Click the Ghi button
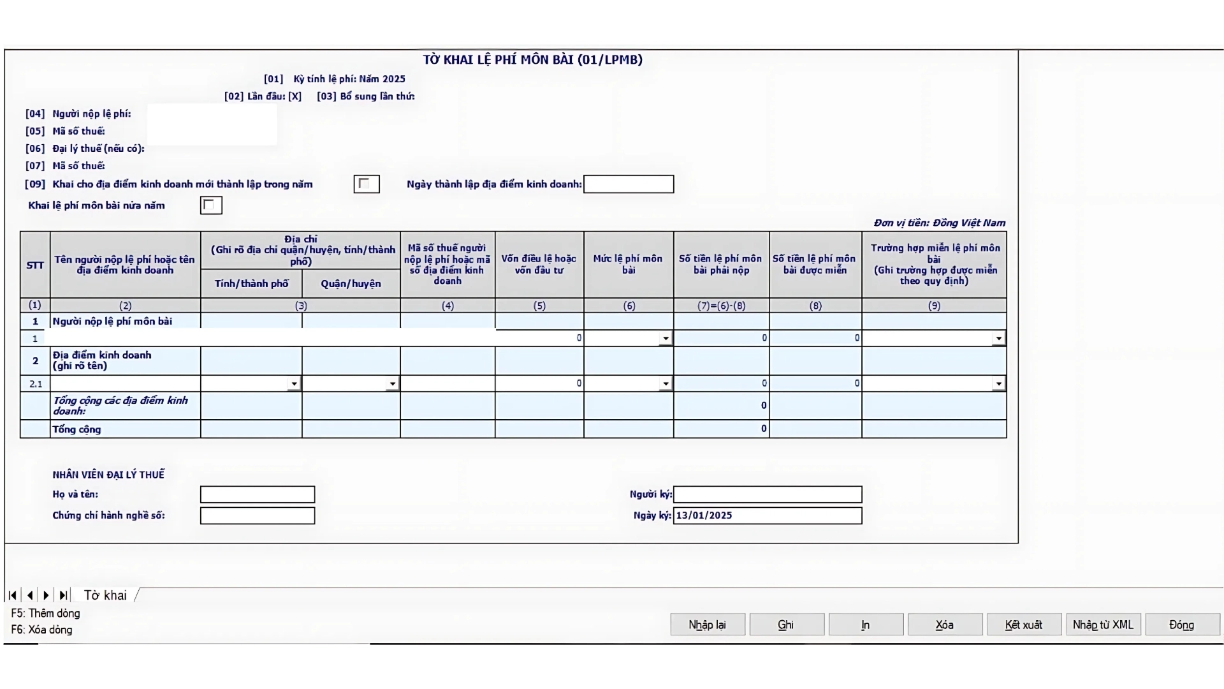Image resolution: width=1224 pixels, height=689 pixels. [x=786, y=625]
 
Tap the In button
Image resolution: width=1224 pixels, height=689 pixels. [x=865, y=625]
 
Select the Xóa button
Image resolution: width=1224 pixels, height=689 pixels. [x=944, y=625]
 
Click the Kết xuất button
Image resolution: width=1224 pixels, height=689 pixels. [x=1023, y=625]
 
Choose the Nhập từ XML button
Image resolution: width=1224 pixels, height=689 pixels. [x=1103, y=625]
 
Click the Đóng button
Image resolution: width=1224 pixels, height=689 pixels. [x=1181, y=625]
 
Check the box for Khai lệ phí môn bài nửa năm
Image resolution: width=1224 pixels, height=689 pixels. [x=210, y=205]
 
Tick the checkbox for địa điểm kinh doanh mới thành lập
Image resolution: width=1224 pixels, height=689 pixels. [x=366, y=184]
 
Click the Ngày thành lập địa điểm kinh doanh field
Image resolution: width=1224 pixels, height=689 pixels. [x=628, y=184]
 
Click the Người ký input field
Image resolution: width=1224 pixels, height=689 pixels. [x=767, y=494]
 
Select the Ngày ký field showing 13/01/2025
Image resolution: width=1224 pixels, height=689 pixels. [x=767, y=515]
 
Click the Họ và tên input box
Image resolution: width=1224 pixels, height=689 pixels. [x=257, y=494]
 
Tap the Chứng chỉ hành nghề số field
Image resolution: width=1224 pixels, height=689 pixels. [x=257, y=515]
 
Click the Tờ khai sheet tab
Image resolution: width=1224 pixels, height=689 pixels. [x=105, y=595]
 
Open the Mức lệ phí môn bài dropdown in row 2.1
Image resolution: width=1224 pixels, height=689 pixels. [x=665, y=384]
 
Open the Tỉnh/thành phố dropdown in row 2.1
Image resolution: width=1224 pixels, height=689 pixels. [x=293, y=384]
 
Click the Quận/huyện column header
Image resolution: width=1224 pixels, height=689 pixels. [x=351, y=284]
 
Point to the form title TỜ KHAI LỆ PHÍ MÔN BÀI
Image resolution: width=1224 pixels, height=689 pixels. [x=532, y=60]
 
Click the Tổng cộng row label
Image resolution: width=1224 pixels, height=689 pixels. [x=76, y=429]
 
